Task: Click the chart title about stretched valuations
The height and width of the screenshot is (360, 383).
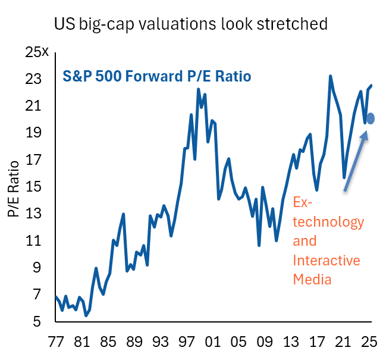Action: tap(190, 24)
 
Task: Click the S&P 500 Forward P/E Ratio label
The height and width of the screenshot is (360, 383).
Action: tap(157, 77)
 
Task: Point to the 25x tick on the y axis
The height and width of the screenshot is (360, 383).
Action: tap(37, 52)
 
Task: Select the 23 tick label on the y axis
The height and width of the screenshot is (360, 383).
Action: tap(33, 79)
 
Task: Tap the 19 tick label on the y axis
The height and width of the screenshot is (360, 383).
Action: tap(33, 133)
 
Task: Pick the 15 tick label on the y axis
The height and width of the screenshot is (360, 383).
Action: tap(33, 187)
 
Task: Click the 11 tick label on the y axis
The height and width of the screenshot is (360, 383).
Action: tap(33, 241)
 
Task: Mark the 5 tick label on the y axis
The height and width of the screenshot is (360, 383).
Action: tap(36, 322)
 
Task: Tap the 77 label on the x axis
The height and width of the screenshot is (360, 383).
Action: tap(55, 343)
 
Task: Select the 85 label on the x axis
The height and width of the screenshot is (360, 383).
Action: tap(108, 343)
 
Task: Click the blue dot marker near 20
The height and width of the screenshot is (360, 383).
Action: tap(371, 118)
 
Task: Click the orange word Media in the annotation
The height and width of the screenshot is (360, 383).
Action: tap(312, 278)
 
